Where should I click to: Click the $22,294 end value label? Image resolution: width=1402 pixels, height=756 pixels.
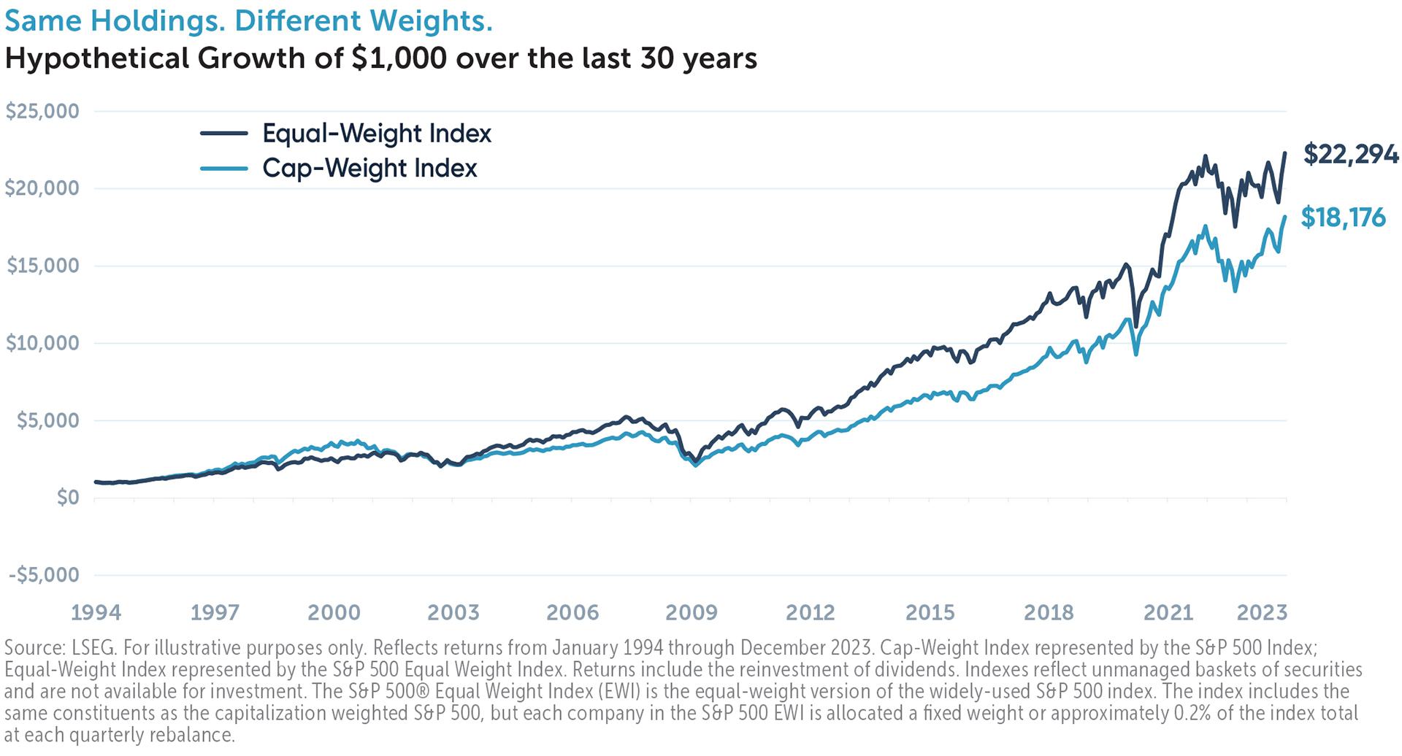(x=1350, y=155)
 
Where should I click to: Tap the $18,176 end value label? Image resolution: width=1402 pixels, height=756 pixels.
(x=1343, y=217)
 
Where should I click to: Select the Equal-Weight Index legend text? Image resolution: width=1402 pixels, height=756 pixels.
(x=377, y=134)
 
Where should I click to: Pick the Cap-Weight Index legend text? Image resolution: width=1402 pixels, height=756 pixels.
(x=369, y=169)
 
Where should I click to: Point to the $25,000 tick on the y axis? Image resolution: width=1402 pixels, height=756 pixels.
(x=42, y=111)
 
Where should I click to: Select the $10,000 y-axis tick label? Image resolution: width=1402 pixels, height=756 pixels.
(x=42, y=343)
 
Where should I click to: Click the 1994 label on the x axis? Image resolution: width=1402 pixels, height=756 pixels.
(x=96, y=612)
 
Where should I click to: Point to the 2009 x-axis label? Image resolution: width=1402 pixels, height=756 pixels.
(x=692, y=612)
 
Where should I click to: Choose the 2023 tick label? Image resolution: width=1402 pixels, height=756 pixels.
(x=1261, y=612)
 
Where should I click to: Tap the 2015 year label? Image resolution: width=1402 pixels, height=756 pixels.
(x=930, y=612)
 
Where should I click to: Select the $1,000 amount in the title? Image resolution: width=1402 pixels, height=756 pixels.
(x=398, y=58)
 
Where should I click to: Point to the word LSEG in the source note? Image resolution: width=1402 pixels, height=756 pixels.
(x=89, y=648)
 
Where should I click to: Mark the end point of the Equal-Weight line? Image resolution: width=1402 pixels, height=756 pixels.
(x=1285, y=153)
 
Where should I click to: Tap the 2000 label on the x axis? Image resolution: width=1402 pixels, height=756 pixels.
(x=334, y=612)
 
